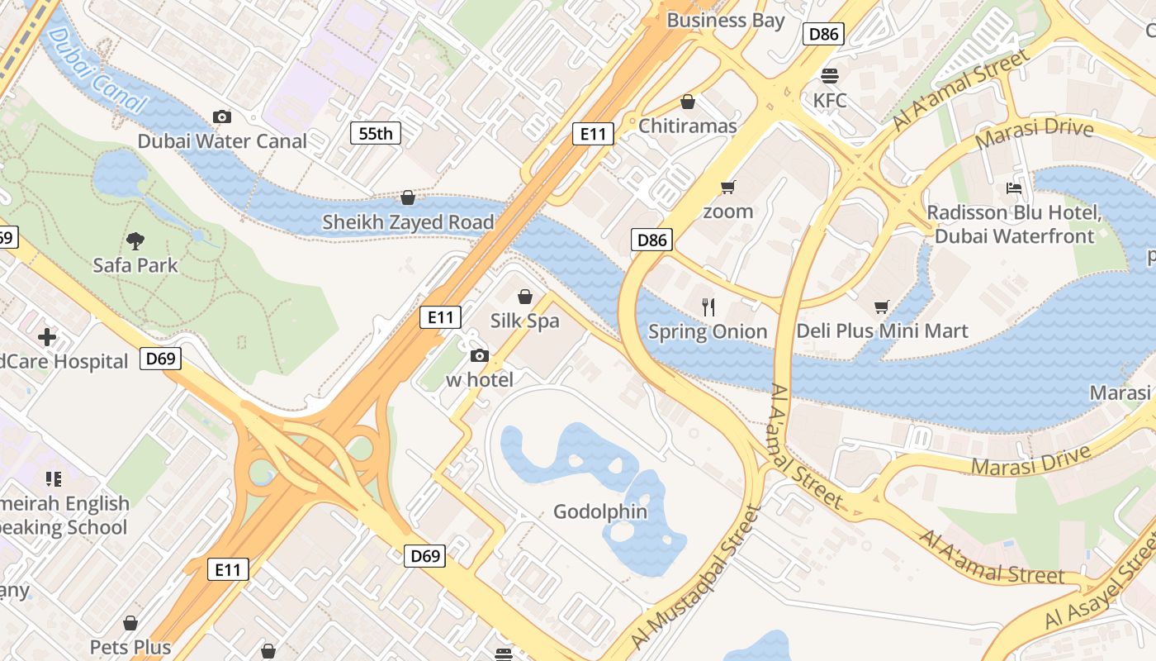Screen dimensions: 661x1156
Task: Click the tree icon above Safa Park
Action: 135,241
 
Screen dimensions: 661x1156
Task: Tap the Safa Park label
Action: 135,265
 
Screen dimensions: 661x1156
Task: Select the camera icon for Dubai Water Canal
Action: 222,117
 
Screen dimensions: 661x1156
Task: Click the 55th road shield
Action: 376,133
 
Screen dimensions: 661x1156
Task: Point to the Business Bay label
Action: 725,20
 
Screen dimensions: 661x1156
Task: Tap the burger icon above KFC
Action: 830,76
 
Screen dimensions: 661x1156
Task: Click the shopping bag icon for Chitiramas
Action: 687,102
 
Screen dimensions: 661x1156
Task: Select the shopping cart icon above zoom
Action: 727,187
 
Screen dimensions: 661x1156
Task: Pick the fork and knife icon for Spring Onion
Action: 708,307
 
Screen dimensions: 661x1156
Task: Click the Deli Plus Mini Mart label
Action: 882,331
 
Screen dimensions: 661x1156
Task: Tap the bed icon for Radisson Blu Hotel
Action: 1014,188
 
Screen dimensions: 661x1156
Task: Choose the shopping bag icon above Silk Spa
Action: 524,297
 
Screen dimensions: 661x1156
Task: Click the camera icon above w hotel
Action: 479,356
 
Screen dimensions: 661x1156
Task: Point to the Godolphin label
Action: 600,511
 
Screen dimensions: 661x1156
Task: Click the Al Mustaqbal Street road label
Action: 695,578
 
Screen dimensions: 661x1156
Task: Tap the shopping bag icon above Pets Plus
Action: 130,623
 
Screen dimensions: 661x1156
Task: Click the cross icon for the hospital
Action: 47,337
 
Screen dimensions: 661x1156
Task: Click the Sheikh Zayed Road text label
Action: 408,222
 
